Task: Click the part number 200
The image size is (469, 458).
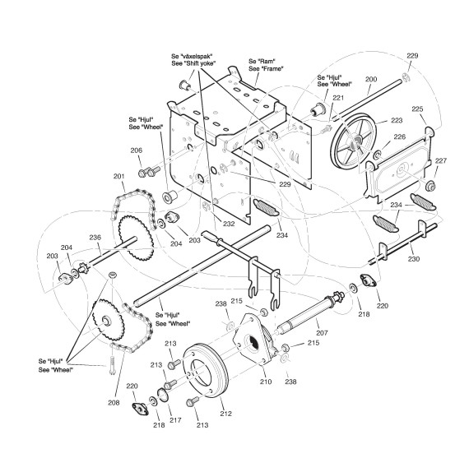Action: tap(371, 79)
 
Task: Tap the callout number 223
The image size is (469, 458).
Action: tap(397, 120)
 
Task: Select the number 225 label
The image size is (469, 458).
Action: tap(417, 109)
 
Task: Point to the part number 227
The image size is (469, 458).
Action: tap(441, 161)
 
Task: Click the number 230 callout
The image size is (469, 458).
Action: tap(414, 259)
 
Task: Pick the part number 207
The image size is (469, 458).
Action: tap(323, 333)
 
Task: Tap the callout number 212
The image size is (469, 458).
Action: tap(225, 414)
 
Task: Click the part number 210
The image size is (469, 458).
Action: tap(266, 382)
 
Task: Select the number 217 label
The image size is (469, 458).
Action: tap(175, 420)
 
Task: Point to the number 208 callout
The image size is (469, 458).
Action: tap(114, 403)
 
